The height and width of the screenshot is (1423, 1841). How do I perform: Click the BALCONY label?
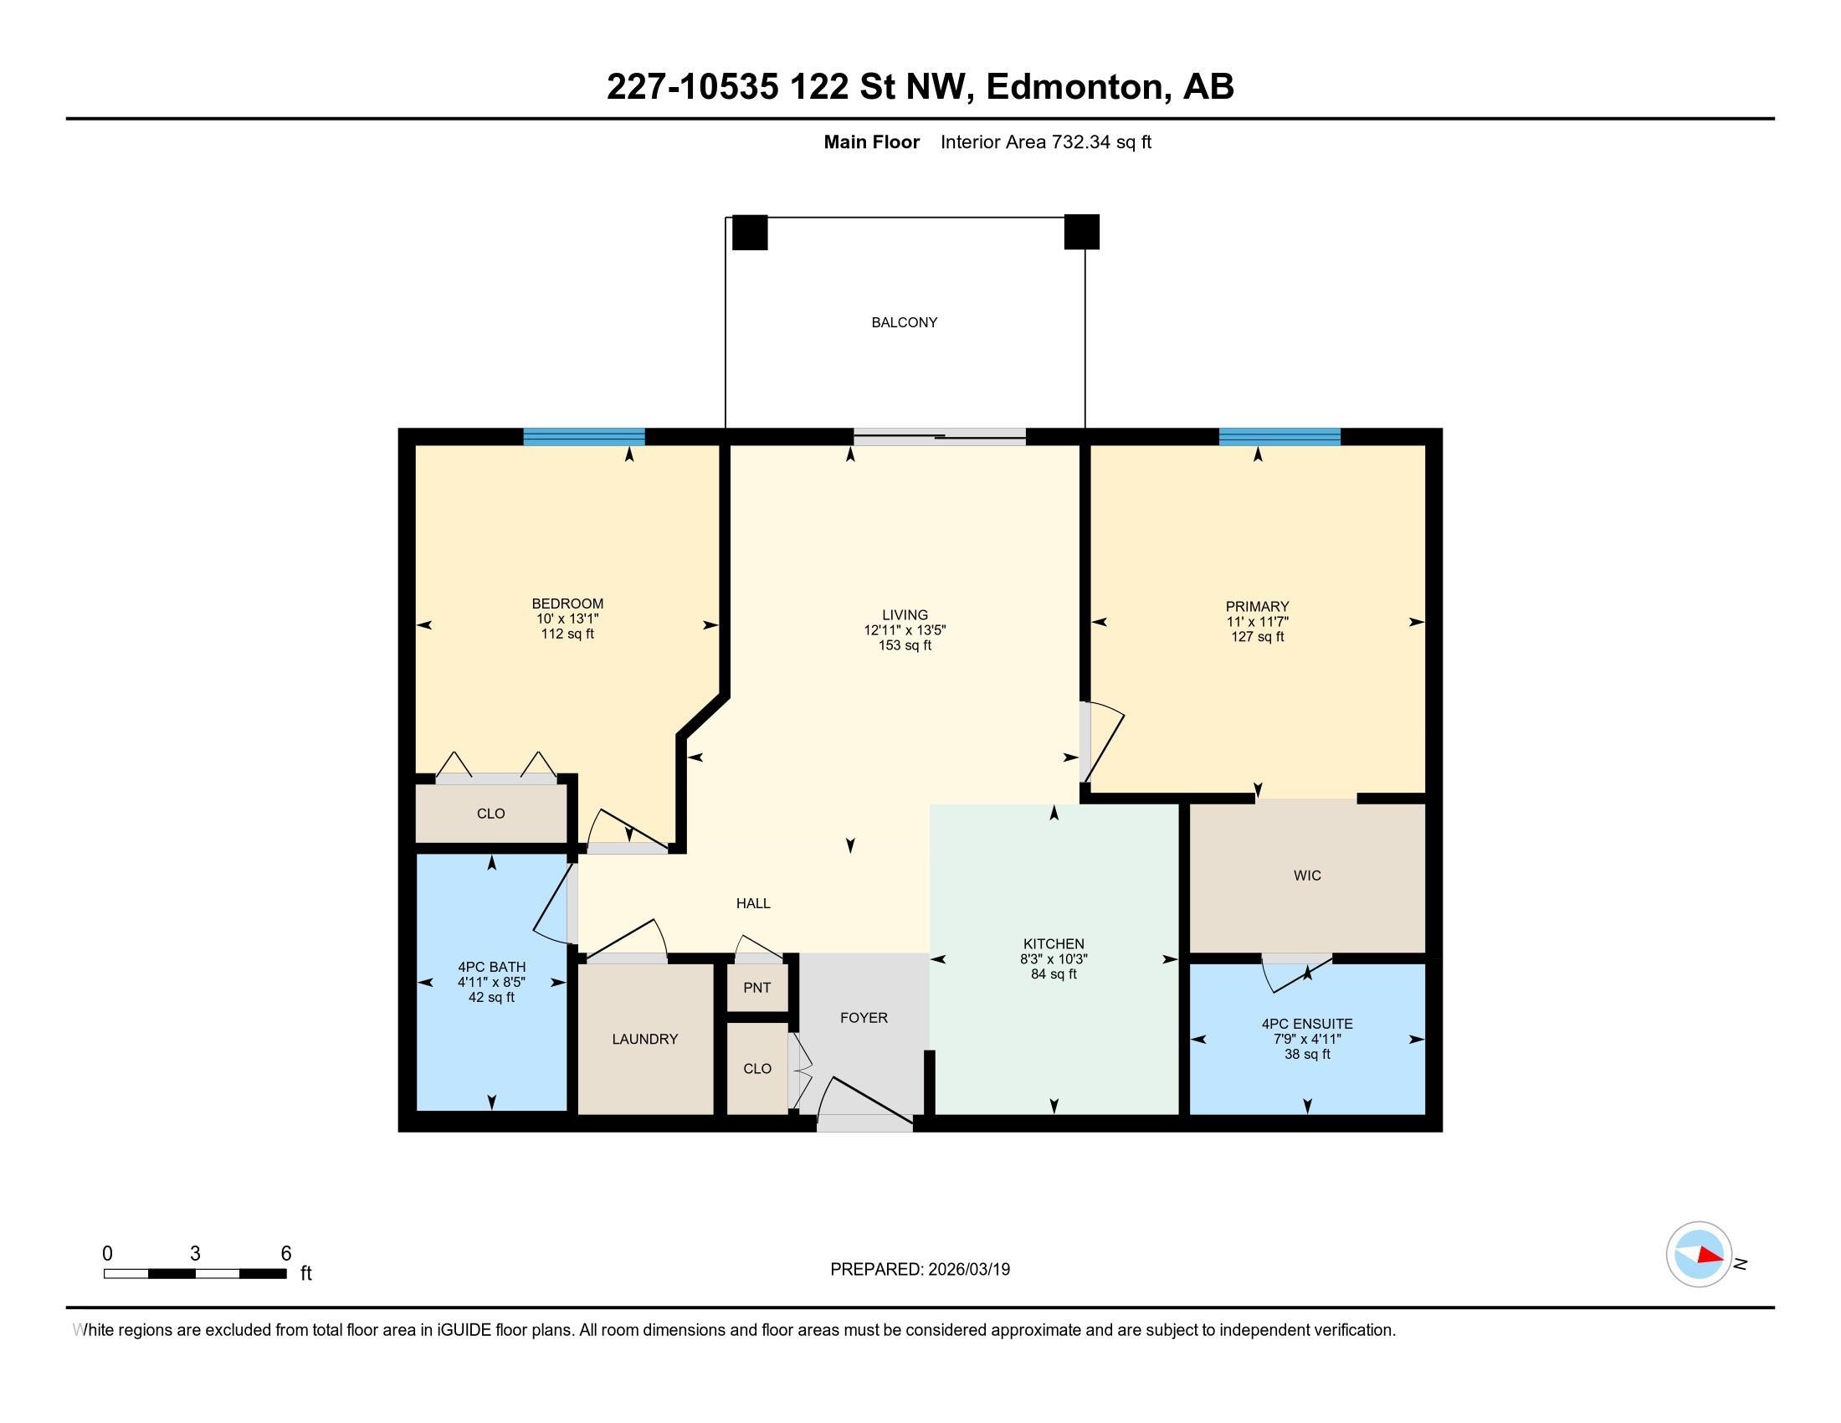pyautogui.click(x=904, y=322)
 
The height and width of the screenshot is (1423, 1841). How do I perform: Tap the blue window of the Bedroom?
pyautogui.click(x=583, y=437)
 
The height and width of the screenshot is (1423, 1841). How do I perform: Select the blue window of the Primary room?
pyautogui.click(x=1279, y=437)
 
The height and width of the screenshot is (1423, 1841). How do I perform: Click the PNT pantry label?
pyautogui.click(x=757, y=988)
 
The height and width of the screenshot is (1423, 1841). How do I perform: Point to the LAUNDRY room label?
pyautogui.click(x=645, y=1040)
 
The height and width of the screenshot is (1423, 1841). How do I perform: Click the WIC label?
pyautogui.click(x=1306, y=876)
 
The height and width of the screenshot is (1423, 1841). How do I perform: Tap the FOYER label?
pyautogui.click(x=864, y=1018)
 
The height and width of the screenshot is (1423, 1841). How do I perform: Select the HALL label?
pyautogui.click(x=753, y=904)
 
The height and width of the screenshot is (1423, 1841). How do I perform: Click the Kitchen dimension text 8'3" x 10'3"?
pyautogui.click(x=1054, y=959)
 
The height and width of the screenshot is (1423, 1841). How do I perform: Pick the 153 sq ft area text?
pyautogui.click(x=905, y=645)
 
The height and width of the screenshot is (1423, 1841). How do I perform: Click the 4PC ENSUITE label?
pyautogui.click(x=1306, y=1024)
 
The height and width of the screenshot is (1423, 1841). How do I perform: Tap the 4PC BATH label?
pyautogui.click(x=491, y=967)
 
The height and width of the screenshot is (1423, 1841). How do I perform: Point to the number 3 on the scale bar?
pyautogui.click(x=195, y=1254)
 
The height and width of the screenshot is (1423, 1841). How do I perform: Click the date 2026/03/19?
pyautogui.click(x=967, y=1270)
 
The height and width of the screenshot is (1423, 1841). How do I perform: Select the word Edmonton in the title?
pyautogui.click(x=1074, y=87)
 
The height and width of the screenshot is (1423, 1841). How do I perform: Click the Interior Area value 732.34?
pyautogui.click(x=1081, y=141)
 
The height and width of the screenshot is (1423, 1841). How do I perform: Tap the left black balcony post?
pyautogui.click(x=750, y=233)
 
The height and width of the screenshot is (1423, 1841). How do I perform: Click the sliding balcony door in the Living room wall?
pyautogui.click(x=939, y=437)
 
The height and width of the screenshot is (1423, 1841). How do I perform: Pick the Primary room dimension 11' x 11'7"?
pyautogui.click(x=1257, y=622)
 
